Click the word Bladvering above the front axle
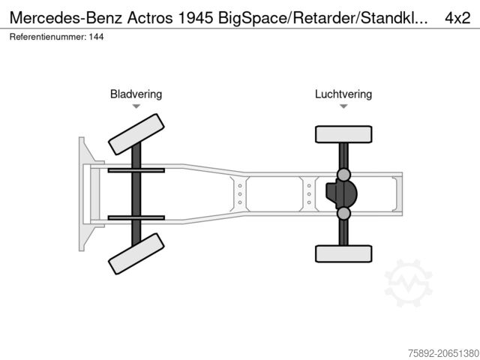136,94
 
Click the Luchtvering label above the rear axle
343,94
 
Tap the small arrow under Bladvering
136,106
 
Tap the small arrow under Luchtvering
343,106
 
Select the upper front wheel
136,134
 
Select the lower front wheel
136,253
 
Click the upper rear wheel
343,134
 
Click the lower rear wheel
343,253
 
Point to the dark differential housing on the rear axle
341,193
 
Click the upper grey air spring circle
343,175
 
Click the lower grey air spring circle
343,213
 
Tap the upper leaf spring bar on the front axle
136,170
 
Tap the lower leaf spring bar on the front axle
136,218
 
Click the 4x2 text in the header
457,18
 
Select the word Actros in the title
150,18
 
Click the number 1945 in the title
195,18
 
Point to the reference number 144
97,37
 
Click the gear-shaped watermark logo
408,283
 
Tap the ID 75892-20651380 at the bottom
443,353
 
